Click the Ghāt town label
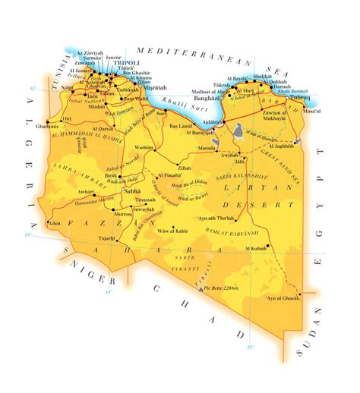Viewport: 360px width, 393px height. pos(55,223)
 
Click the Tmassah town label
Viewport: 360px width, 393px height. pos(145,200)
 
